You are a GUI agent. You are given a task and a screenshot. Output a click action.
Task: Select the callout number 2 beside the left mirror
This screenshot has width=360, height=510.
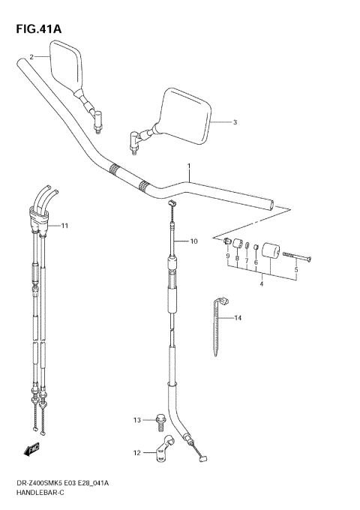point(31,57)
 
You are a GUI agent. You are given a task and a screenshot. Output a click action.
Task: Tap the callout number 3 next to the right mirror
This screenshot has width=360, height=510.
point(234,122)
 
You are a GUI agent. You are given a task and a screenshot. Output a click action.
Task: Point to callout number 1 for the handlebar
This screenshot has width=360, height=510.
point(189,166)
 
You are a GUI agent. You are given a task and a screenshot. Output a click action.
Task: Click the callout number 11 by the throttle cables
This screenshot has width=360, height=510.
point(64,225)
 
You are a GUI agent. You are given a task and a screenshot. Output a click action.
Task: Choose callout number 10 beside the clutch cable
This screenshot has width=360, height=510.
point(193,241)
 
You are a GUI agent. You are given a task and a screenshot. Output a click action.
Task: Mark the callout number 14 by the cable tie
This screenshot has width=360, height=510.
point(238,319)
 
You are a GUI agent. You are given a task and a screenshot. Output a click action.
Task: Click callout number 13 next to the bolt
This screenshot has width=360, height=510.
point(137,419)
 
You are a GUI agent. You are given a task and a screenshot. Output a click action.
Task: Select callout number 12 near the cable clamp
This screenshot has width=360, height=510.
point(137,452)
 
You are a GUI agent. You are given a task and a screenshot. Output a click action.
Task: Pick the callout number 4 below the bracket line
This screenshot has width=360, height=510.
point(260,283)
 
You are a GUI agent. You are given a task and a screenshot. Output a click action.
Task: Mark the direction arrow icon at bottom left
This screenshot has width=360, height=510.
point(31,449)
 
